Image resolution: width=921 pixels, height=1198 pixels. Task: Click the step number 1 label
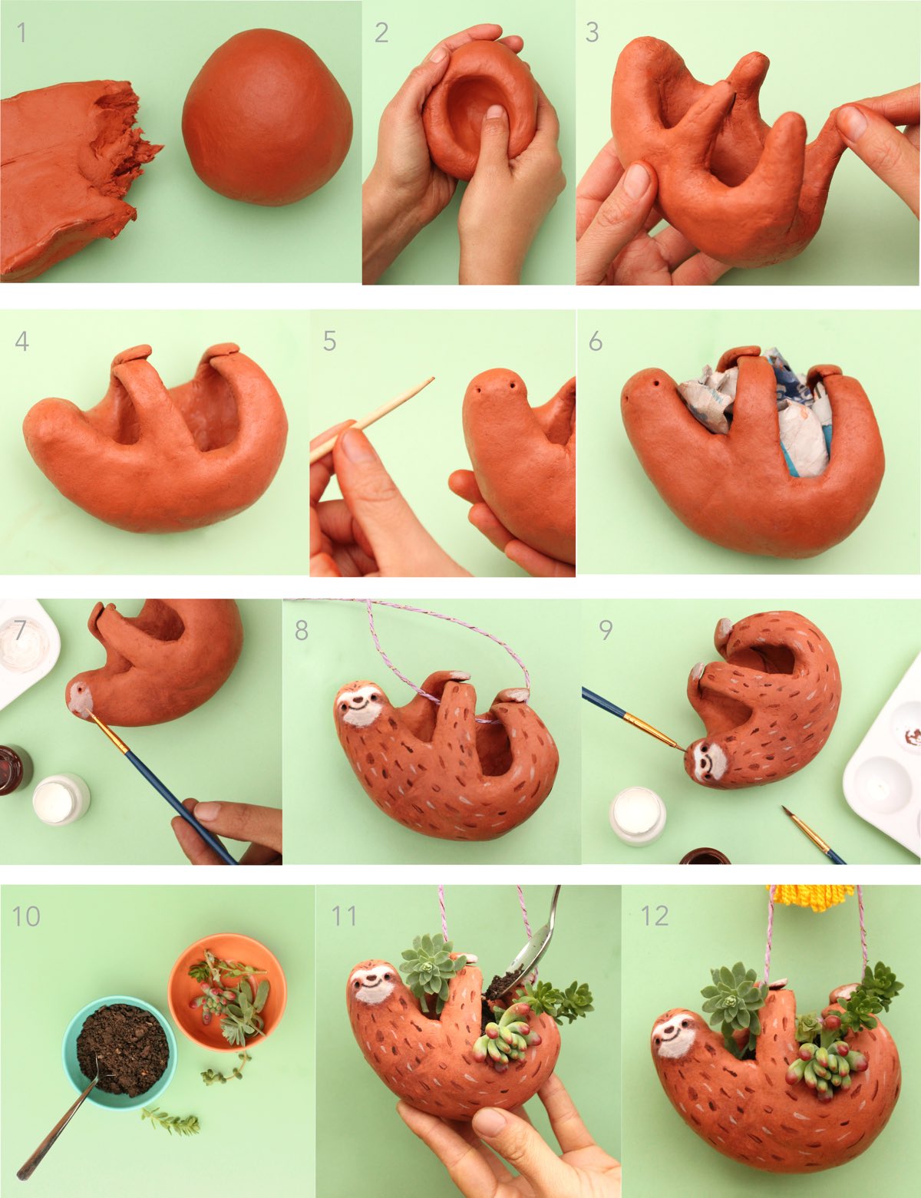point(21,33)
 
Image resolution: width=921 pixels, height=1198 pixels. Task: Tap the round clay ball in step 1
point(267,117)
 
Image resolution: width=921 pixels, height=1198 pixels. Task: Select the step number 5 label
point(329,341)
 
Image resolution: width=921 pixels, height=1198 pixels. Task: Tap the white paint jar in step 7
point(61,799)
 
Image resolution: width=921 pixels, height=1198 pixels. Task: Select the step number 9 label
point(606,630)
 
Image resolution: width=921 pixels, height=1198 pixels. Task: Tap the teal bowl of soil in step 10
point(120,1051)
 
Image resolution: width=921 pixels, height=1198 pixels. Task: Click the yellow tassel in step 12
point(812,897)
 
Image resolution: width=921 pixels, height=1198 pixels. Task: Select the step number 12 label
point(655,915)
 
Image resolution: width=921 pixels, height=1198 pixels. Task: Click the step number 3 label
point(592,32)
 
